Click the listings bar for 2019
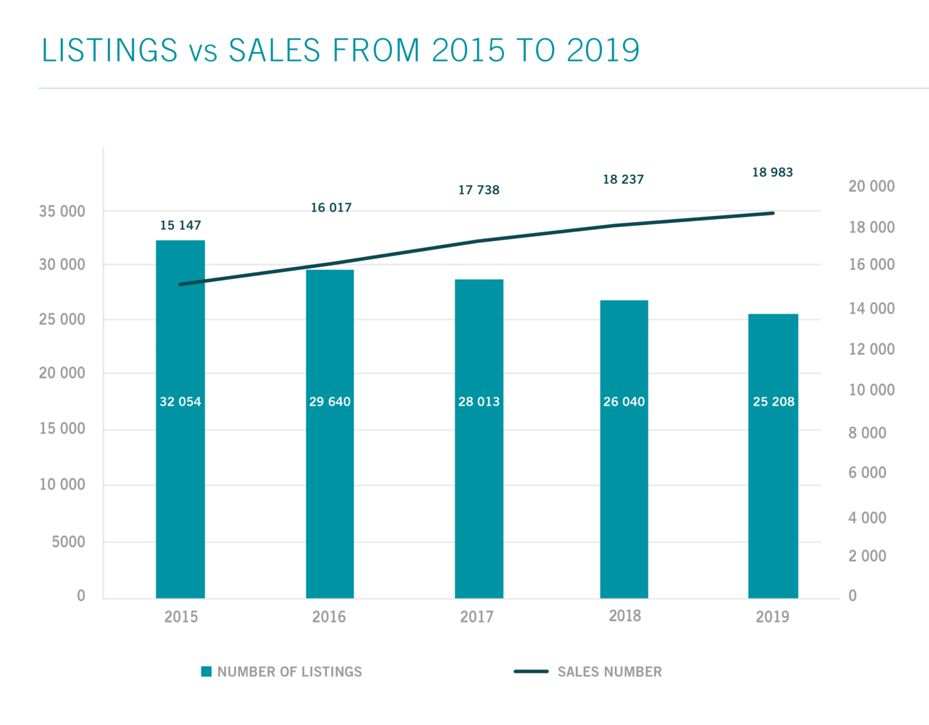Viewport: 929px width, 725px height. pos(773,493)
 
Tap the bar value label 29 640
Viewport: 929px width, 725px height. pos(330,401)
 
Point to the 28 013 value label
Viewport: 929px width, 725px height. pos(478,401)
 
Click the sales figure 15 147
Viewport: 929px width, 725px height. pos(181,225)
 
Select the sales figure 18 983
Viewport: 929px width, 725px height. pos(772,172)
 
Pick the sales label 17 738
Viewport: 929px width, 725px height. pos(478,190)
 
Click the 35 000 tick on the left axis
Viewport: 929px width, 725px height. pos(62,211)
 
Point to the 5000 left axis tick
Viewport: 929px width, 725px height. pos(69,542)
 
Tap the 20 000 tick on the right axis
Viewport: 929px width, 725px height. pos(872,186)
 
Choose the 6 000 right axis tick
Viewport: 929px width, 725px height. pos(867,473)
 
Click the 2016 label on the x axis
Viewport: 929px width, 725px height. pos(329,617)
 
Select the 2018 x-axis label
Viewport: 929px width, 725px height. pos(625,616)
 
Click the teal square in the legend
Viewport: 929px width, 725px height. pos(206,672)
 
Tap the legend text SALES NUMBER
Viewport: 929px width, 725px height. pos(610,672)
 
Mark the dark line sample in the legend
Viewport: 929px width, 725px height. pos(531,672)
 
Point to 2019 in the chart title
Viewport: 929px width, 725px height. pos(603,50)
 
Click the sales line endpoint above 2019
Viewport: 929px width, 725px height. pos(773,213)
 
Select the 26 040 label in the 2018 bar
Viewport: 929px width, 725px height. pos(624,401)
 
